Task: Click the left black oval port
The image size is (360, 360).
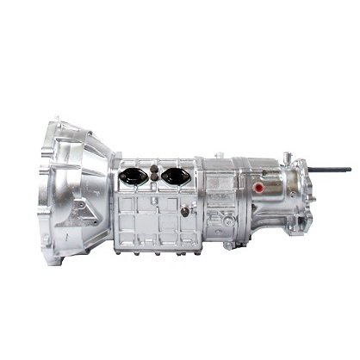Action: (x=132, y=176)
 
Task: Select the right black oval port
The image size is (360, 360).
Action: (x=177, y=176)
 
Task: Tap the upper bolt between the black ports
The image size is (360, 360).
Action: (x=154, y=170)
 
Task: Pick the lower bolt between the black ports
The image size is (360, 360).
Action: (x=154, y=178)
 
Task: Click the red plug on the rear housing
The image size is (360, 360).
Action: (x=259, y=186)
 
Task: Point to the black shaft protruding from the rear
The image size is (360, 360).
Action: (x=332, y=170)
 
